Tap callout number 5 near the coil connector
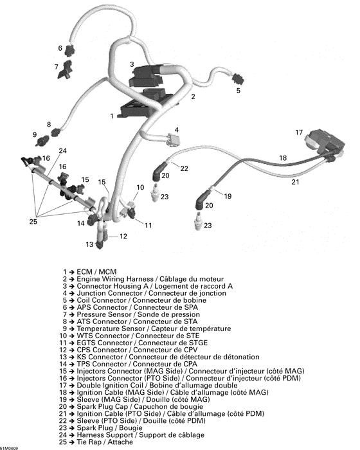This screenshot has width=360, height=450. pos(237,91)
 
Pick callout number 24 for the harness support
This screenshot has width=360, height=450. pos(62,152)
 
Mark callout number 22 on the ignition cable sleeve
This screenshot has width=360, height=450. pos(184,168)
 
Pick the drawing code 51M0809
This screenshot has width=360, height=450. pos(10,446)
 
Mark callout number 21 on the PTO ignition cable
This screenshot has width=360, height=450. pos(296,182)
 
